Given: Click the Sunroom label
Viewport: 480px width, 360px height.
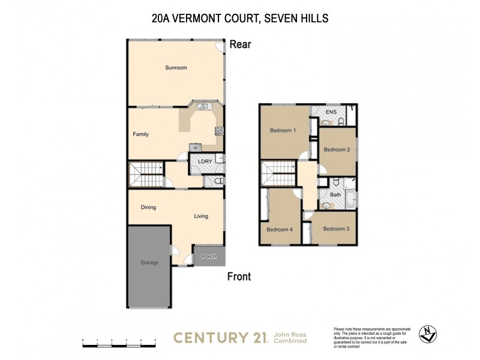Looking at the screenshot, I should (x=176, y=68).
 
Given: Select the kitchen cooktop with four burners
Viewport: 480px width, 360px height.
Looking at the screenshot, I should (x=219, y=131).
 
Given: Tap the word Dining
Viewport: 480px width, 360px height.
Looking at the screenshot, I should (x=148, y=208).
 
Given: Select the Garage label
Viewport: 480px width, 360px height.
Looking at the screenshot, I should (x=149, y=262).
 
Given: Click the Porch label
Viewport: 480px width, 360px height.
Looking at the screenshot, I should (x=209, y=257).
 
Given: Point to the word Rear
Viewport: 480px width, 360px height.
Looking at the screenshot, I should (x=239, y=44).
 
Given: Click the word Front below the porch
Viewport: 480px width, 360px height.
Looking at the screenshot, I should (x=238, y=277).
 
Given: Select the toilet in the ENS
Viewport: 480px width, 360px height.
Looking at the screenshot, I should (x=340, y=122).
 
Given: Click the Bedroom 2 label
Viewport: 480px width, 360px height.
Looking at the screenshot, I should (x=337, y=149).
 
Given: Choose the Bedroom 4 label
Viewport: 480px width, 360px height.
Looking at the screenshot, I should (x=280, y=229).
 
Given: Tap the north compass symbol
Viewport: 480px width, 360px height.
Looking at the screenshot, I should (x=428, y=334).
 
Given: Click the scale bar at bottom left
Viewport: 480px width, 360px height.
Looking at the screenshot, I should (x=119, y=344).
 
